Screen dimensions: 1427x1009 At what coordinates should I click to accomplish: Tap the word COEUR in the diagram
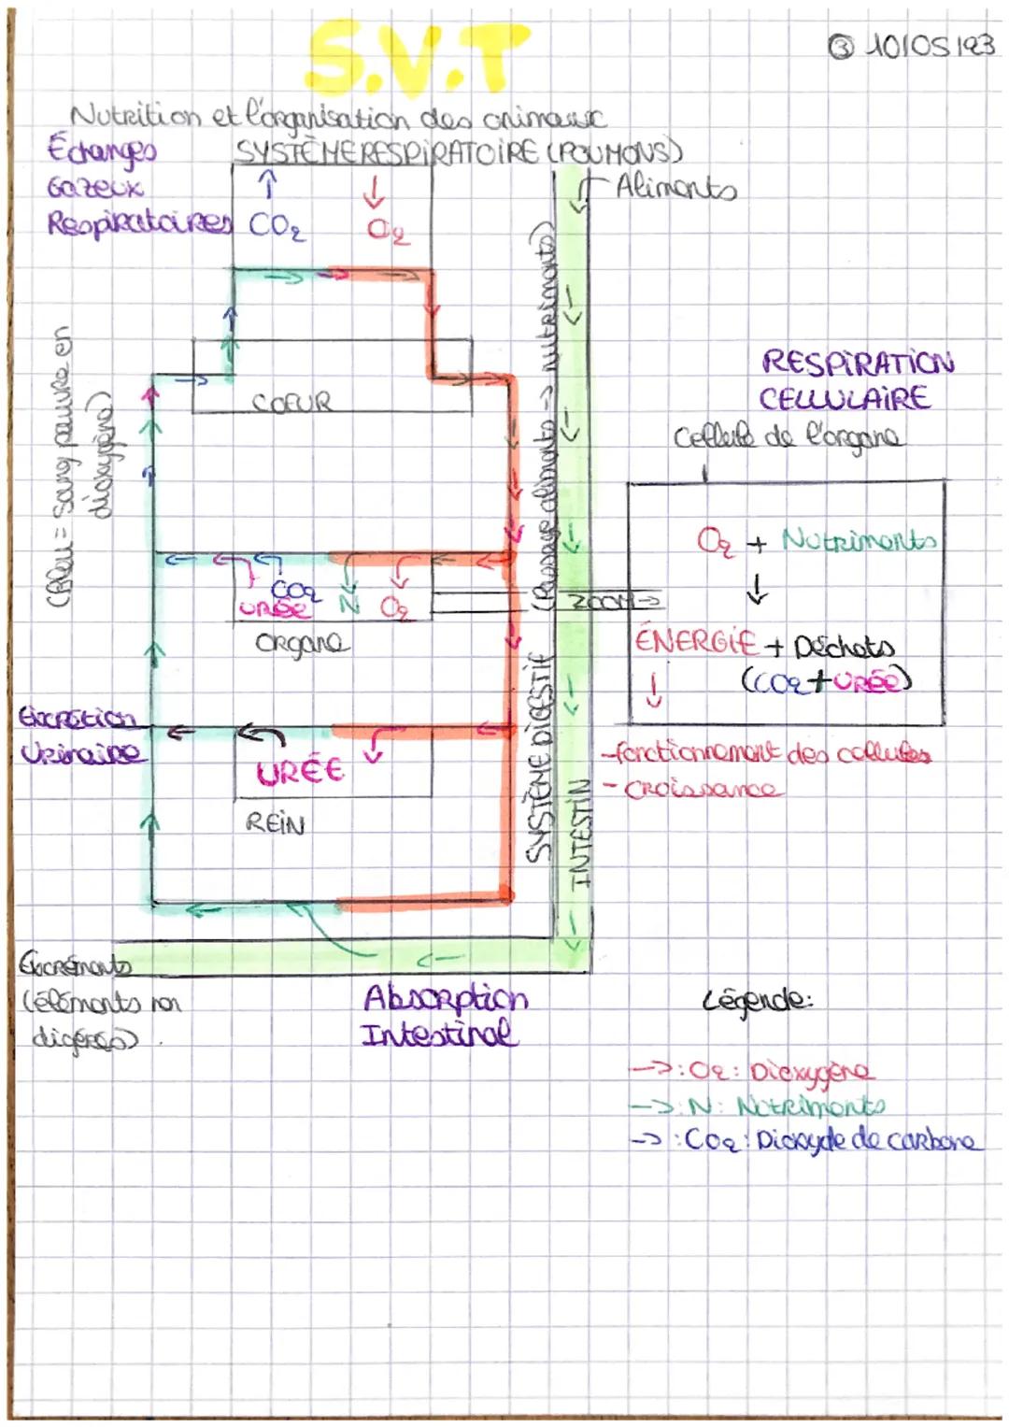[x=291, y=403]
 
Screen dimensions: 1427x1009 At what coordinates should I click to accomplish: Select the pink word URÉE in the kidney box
[x=301, y=772]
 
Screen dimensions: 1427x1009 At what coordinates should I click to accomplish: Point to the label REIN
[x=275, y=823]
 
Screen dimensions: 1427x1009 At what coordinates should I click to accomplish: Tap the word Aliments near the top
[x=675, y=189]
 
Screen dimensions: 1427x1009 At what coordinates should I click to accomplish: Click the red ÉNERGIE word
[x=695, y=642]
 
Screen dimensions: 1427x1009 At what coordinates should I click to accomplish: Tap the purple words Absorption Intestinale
[x=444, y=1016]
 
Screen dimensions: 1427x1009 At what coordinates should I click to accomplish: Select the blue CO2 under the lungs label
[x=277, y=227]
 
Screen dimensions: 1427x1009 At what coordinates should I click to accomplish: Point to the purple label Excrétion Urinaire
[x=80, y=737]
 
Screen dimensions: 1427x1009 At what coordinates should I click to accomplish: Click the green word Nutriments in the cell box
[x=858, y=540]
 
